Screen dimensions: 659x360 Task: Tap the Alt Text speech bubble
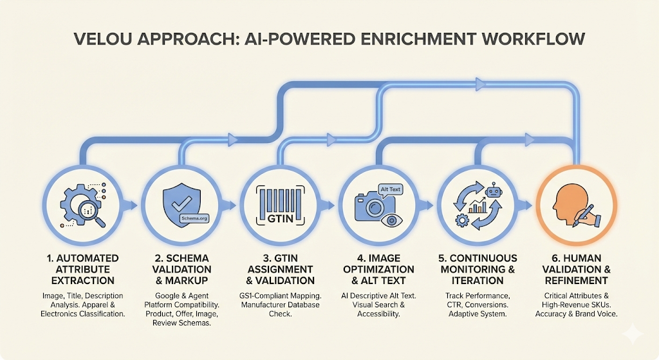(391, 189)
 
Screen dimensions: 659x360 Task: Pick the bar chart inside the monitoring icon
(477, 207)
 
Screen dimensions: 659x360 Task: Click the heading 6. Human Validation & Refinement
(577, 269)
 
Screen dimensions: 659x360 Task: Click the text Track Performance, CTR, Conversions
(478, 300)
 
